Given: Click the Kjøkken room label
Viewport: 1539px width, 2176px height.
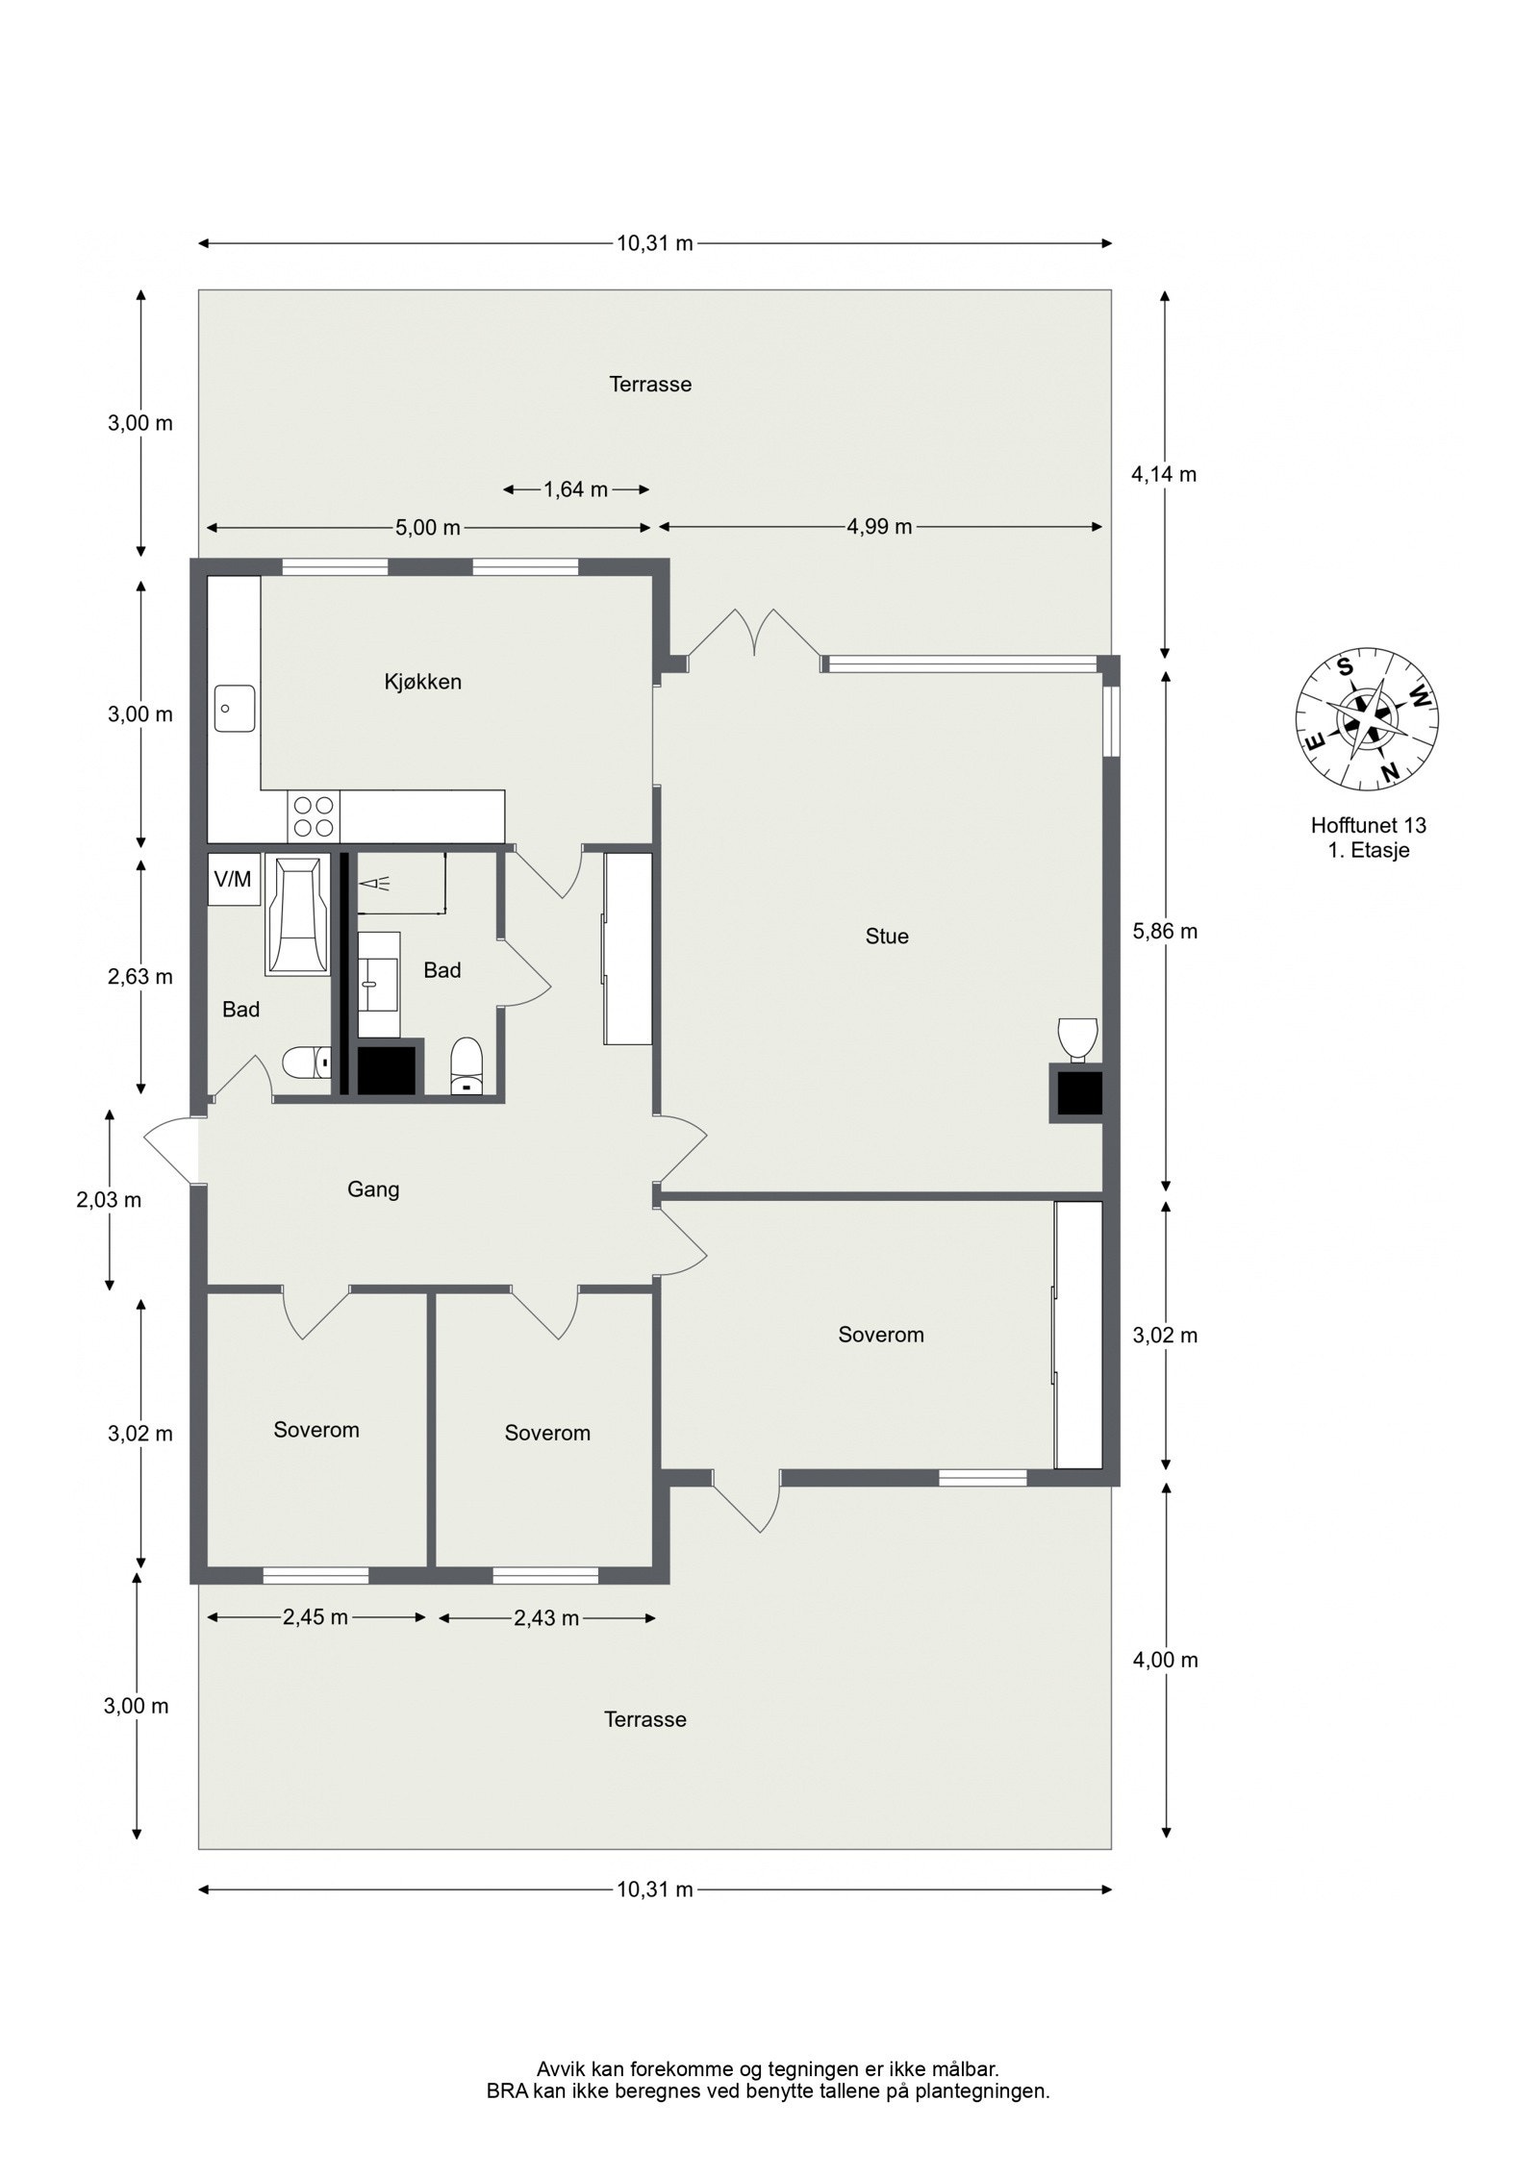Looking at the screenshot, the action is click(422, 682).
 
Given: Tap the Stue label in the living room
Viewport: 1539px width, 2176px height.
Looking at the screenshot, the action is click(886, 936).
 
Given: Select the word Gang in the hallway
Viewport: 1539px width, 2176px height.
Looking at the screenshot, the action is click(373, 1189).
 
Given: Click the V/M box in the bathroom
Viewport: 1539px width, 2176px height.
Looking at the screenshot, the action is click(232, 879).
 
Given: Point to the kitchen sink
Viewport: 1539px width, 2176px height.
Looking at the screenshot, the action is click(234, 709).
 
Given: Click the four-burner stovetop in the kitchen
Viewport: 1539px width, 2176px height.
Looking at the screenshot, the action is click(314, 815).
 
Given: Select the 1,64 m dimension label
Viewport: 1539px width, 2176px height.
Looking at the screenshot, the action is click(575, 489).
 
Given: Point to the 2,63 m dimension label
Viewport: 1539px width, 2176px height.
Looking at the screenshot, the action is click(140, 977).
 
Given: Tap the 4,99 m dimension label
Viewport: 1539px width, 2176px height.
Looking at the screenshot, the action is click(879, 527).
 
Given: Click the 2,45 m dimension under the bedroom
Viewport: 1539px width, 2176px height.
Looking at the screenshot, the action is click(315, 1617).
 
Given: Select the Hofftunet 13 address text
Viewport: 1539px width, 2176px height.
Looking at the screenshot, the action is click(1368, 825).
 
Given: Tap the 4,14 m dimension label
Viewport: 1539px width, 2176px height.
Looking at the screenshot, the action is click(1165, 474).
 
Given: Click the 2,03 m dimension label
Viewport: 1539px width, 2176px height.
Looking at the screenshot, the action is click(109, 1200).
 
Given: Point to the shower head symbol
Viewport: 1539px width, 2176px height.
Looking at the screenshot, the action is click(371, 882).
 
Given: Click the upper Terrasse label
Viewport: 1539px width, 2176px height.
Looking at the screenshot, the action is click(650, 385).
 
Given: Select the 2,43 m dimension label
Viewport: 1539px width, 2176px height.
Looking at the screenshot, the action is click(546, 1618).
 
